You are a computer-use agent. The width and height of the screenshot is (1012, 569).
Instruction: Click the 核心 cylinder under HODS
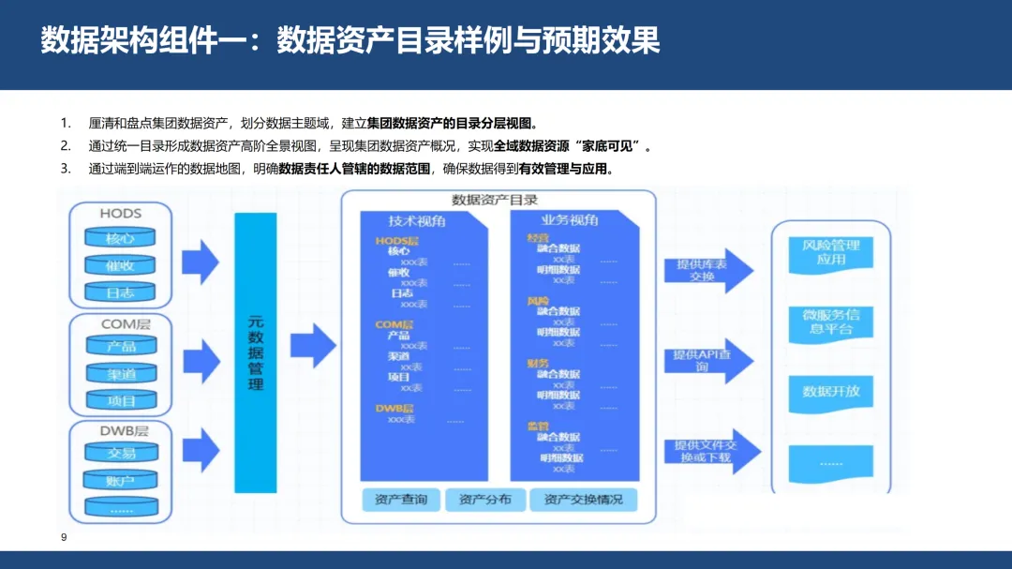[121, 239]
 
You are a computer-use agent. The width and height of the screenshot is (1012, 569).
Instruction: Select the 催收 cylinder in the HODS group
[121, 265]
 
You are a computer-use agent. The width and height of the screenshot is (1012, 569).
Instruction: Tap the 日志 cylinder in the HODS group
[121, 292]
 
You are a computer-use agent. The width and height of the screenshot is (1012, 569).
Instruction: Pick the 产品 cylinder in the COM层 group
[121, 347]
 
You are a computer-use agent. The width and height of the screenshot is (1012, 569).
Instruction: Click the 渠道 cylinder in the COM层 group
[121, 373]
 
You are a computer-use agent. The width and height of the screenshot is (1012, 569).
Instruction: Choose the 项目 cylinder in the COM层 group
[121, 400]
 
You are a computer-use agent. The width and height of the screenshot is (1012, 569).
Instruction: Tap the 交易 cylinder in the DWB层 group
[121, 454]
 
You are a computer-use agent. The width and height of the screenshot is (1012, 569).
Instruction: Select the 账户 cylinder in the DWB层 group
[121, 481]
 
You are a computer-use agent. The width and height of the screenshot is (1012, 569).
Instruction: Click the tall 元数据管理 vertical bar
[255, 352]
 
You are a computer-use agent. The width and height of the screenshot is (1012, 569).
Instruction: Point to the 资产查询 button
[400, 500]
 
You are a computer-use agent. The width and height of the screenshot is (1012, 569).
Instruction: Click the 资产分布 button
[485, 500]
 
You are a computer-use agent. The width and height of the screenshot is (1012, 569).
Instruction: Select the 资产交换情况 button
[583, 500]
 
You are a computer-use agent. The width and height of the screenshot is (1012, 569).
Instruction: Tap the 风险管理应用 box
[830, 252]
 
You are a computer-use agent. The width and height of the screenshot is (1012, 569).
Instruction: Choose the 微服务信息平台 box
[830, 322]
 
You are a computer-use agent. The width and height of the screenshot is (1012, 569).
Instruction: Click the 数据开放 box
[830, 391]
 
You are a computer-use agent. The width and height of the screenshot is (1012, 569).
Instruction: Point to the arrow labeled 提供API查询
[707, 361]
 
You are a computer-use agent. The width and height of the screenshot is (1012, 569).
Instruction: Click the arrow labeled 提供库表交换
[707, 270]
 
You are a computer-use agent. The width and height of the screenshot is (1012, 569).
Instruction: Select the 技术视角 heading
[417, 221]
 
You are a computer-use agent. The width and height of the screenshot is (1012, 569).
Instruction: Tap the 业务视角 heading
[569, 220]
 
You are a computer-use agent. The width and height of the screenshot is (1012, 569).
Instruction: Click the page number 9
[64, 537]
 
